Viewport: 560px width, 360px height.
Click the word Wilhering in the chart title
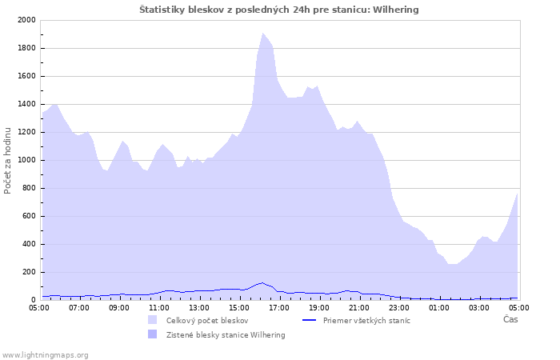396,10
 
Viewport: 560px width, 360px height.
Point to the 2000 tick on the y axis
26,20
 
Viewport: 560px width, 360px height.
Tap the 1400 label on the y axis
26,104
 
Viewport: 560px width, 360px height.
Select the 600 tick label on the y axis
29,216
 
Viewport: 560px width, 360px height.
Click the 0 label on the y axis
34,300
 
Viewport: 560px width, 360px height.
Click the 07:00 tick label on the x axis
79,308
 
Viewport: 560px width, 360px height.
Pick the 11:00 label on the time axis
159,308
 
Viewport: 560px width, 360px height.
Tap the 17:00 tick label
279,308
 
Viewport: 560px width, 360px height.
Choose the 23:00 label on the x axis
399,308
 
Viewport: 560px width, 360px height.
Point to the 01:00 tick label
439,308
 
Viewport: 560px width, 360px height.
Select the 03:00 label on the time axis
479,308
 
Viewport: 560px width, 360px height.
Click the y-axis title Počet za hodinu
7,161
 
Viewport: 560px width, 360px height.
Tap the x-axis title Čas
510,319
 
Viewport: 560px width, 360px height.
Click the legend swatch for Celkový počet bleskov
153,320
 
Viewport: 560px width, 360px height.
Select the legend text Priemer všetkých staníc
366,320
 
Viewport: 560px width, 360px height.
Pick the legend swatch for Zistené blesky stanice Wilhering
153,334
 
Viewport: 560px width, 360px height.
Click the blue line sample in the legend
310,320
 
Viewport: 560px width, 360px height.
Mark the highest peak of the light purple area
262,33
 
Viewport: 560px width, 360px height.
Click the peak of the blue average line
262,282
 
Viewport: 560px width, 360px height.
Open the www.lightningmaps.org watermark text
45,355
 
